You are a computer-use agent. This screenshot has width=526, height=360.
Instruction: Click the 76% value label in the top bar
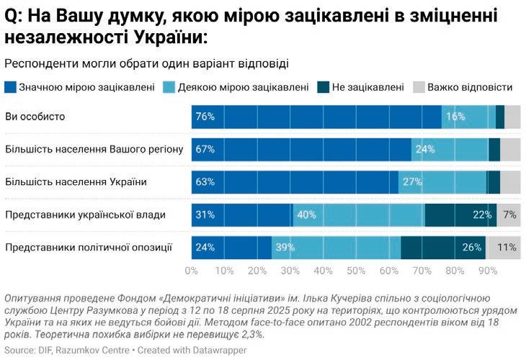[205, 117]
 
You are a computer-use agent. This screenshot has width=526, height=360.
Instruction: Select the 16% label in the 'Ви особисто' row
[455, 117]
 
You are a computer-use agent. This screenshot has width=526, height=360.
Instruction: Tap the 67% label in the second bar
[205, 150]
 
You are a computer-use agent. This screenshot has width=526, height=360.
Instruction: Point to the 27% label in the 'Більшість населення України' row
[412, 182]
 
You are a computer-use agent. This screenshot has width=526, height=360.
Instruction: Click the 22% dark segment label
[483, 215]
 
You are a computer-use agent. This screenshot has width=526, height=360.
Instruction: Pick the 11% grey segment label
[507, 248]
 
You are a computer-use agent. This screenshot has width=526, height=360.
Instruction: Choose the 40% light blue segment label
[306, 215]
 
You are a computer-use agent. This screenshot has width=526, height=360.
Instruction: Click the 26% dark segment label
[473, 248]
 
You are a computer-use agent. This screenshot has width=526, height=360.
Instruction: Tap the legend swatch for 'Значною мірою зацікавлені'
[10, 87]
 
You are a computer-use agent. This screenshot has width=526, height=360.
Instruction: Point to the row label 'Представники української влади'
[85, 215]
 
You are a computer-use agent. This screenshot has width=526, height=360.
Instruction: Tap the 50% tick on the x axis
[356, 271]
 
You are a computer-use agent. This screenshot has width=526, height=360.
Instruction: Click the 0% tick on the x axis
[192, 271]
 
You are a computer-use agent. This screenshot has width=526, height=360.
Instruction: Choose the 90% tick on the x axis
[488, 271]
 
